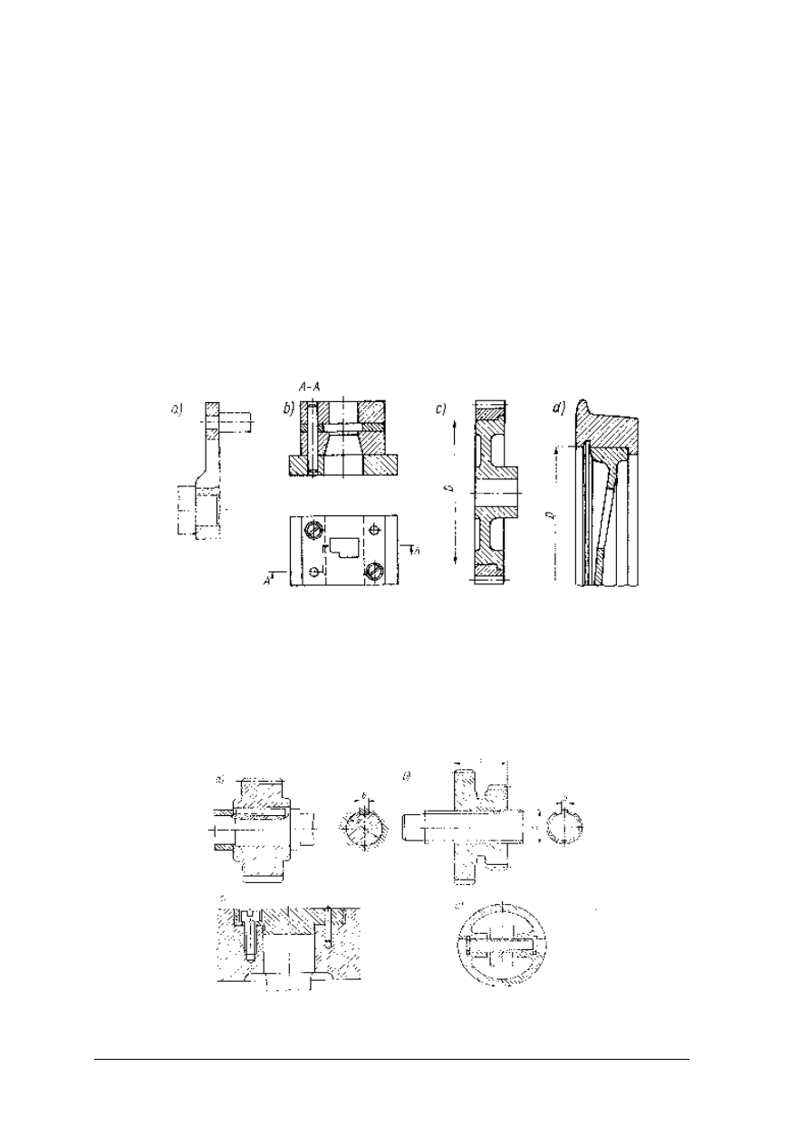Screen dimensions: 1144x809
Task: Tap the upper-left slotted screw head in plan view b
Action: [313, 531]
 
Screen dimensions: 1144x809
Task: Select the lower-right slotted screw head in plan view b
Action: [376, 571]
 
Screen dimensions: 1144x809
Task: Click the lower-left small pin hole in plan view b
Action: [313, 572]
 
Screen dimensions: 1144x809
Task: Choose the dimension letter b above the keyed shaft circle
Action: [364, 797]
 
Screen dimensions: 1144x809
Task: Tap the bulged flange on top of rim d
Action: [593, 418]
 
